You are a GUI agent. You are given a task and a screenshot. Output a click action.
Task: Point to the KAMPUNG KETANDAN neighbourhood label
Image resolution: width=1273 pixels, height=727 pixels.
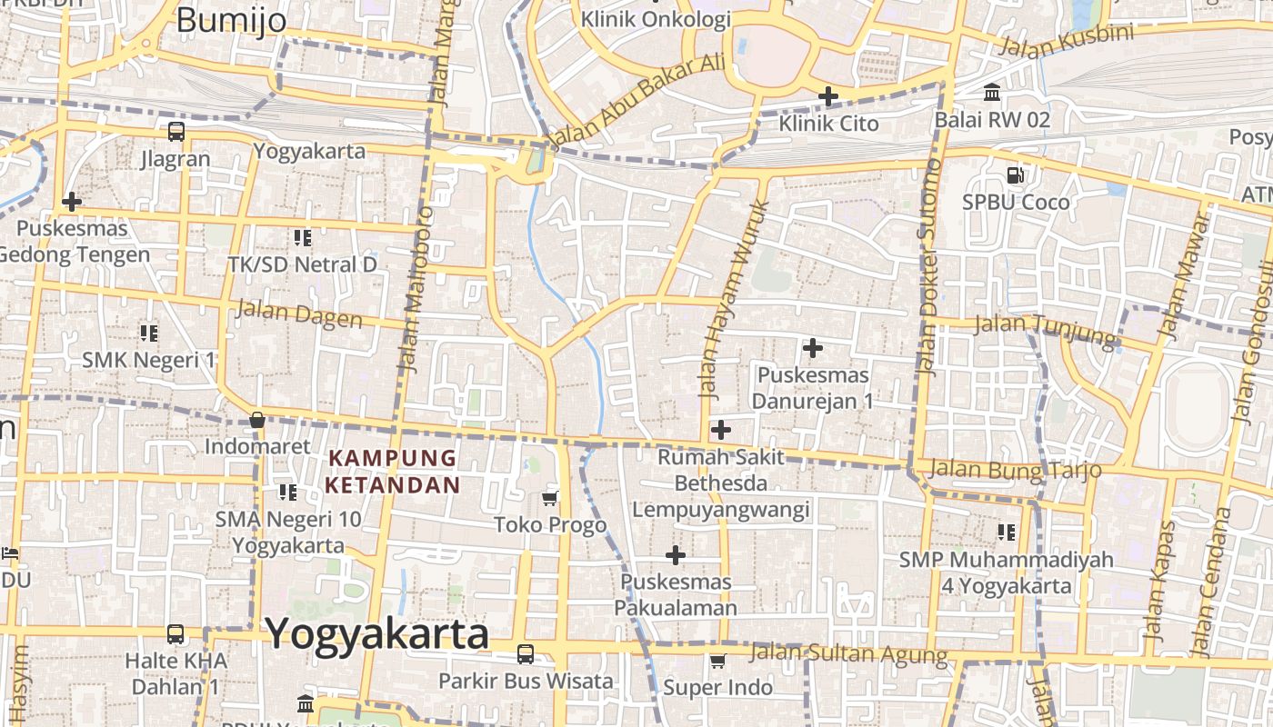click(x=393, y=471)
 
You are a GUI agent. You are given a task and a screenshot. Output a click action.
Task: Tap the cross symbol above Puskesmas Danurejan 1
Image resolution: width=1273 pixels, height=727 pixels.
click(x=813, y=347)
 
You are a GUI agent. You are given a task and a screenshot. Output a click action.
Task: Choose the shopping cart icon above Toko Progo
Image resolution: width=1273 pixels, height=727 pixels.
click(x=549, y=497)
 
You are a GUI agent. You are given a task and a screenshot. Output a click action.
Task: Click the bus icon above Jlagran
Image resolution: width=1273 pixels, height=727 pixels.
click(x=175, y=132)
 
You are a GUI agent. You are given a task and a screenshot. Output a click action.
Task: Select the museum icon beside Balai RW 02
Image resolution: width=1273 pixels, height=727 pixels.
click(x=992, y=93)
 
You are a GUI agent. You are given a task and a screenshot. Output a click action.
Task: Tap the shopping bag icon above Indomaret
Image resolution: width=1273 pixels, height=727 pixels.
click(x=257, y=420)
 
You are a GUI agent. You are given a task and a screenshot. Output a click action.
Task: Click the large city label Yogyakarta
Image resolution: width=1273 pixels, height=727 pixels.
click(x=376, y=633)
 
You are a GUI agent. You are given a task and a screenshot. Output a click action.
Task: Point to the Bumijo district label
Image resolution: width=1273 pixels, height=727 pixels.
click(x=231, y=20)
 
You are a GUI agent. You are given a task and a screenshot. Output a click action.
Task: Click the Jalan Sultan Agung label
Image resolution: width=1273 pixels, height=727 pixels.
click(x=848, y=653)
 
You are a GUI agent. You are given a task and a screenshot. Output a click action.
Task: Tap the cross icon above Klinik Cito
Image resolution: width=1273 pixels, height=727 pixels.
click(x=828, y=95)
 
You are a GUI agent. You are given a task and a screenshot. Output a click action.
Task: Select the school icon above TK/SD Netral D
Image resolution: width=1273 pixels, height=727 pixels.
click(x=302, y=238)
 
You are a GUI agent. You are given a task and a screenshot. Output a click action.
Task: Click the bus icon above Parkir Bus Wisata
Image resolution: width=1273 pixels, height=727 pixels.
click(x=526, y=653)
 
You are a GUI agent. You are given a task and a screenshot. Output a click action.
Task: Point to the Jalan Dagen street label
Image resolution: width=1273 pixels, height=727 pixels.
click(x=298, y=314)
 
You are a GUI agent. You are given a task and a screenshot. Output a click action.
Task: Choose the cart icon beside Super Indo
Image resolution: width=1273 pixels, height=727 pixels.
click(x=717, y=661)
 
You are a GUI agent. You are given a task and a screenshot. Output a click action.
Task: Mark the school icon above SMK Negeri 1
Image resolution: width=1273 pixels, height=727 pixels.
click(x=149, y=333)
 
